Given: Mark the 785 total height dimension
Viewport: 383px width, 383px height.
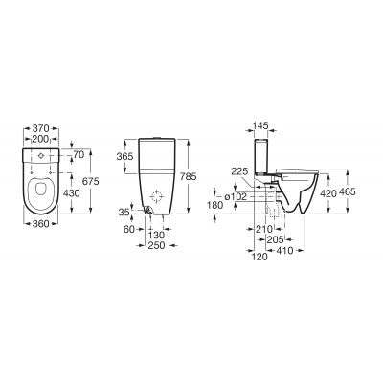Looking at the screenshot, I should coord(203,175).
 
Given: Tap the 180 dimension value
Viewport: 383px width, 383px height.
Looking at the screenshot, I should coord(216,203).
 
